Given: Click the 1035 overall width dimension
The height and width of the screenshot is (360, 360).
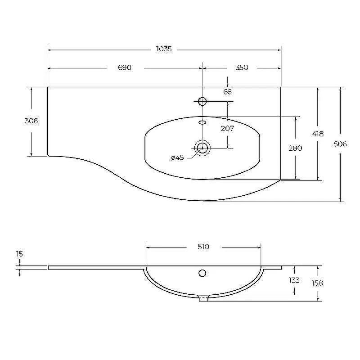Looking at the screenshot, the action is [164, 49].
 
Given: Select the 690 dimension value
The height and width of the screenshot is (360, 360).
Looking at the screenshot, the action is [125, 67].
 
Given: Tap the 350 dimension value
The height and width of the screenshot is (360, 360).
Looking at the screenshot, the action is [242, 67].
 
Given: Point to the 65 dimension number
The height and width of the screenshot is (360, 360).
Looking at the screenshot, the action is [228, 92].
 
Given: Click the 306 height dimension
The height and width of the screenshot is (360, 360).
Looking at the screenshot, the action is [31, 121].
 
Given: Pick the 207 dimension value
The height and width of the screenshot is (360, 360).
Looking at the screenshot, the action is [228, 128].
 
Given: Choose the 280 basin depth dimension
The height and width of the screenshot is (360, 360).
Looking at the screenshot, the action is [295, 148].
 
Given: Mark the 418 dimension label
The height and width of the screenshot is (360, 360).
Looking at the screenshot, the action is [318, 134].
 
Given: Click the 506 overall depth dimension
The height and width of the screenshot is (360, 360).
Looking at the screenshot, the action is [340, 144].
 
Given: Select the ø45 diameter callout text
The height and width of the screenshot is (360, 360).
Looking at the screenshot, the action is [177, 158].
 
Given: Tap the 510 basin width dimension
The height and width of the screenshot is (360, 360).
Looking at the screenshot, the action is [203, 247].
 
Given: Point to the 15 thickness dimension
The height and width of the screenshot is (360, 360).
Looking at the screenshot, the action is [19, 254].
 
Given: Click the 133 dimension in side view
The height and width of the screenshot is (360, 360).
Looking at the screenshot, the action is [294, 280].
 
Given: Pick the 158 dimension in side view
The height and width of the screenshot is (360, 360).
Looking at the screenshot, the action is [317, 283].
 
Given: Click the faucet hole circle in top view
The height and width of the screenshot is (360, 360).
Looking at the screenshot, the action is [202, 101].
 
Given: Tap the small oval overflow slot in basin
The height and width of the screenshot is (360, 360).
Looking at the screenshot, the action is [202, 122].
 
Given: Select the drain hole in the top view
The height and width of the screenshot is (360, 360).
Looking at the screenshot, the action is [202, 148].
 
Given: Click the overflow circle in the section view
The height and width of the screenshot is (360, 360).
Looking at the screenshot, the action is [202, 273].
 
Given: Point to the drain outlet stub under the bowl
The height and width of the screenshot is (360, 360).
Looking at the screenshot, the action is [203, 298].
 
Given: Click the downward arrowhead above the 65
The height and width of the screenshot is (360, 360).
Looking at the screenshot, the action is [228, 85].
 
